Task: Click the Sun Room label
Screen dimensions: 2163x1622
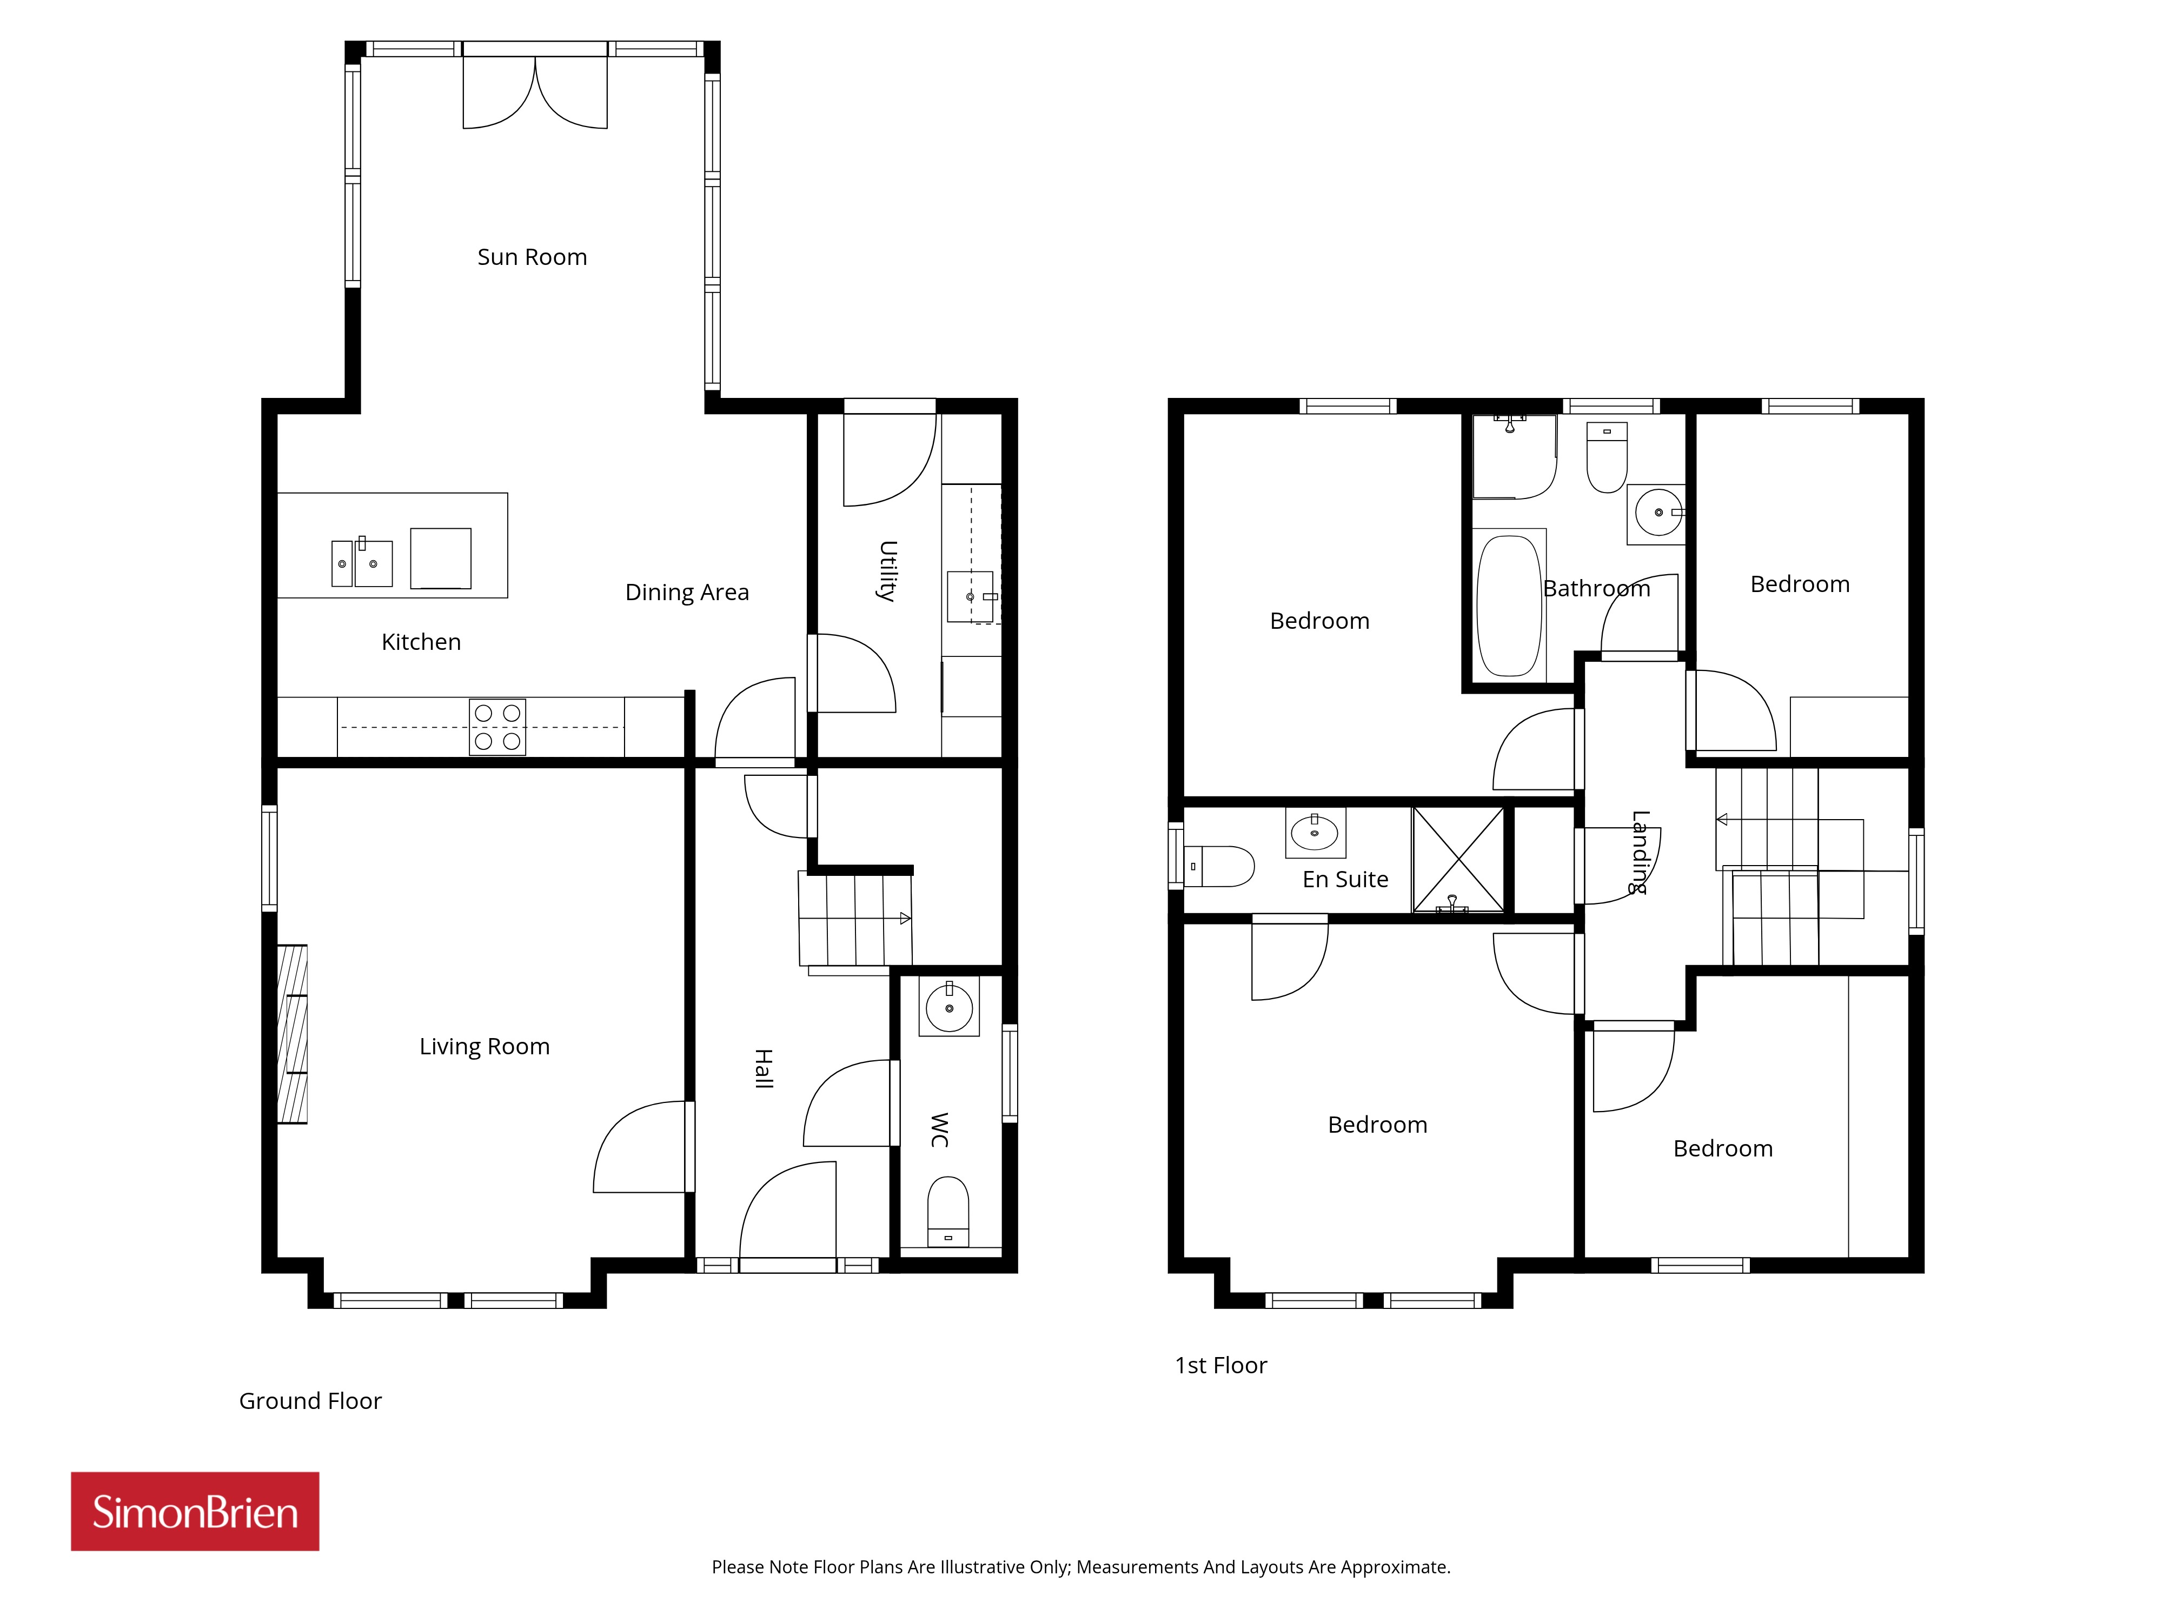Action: pyautogui.click(x=532, y=257)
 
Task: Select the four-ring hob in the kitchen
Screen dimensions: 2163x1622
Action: pyautogui.click(x=497, y=727)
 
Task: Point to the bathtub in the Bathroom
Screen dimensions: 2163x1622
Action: pyautogui.click(x=1509, y=606)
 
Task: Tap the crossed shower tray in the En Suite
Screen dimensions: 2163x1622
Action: pyautogui.click(x=1458, y=860)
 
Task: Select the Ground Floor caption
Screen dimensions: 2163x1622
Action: pyautogui.click(x=310, y=1401)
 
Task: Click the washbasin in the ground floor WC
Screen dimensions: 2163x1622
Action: pyautogui.click(x=948, y=1007)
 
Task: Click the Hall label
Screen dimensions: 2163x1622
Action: pyautogui.click(x=764, y=1068)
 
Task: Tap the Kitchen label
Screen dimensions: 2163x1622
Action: pyautogui.click(x=421, y=642)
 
